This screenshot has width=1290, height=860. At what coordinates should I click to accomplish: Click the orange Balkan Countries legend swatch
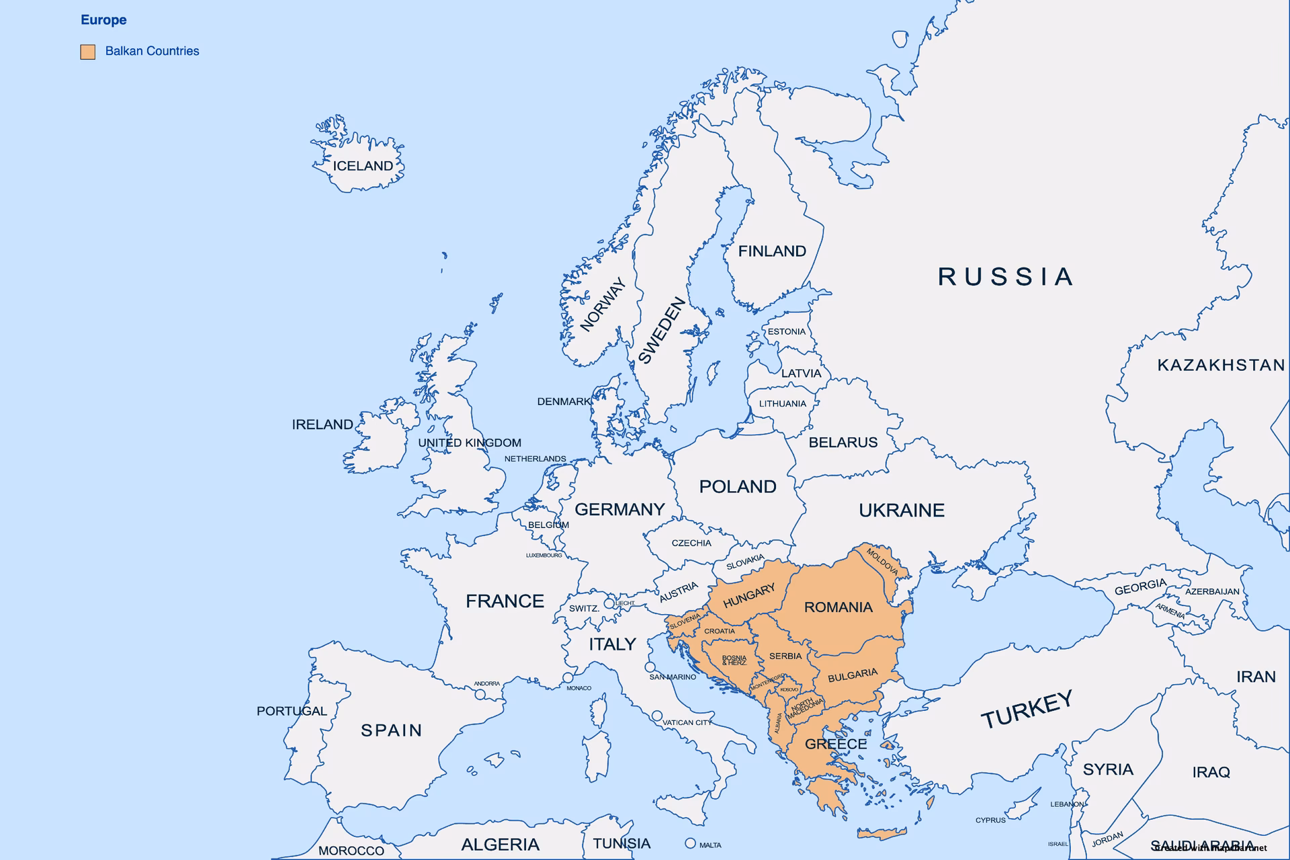(87, 52)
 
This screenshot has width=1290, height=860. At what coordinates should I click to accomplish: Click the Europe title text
(103, 20)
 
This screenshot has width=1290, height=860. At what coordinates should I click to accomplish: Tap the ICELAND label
(363, 166)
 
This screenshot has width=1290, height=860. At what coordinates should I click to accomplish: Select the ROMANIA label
(838, 607)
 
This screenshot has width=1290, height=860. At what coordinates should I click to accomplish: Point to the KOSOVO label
(789, 689)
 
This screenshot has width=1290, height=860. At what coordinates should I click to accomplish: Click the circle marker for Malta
(690, 843)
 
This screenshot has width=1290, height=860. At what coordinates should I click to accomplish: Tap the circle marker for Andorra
(480, 694)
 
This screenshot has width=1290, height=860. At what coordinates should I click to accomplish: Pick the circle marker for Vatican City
(657, 716)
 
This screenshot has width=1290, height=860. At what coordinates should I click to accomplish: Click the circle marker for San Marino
(650, 667)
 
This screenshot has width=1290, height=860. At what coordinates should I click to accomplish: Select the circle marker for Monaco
(568, 678)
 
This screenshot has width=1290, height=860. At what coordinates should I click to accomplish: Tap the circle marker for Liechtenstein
(609, 603)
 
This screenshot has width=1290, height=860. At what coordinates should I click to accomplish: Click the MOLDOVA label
(882, 562)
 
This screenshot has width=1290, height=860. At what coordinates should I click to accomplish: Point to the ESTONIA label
(786, 332)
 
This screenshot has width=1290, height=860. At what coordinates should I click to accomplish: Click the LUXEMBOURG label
(544, 556)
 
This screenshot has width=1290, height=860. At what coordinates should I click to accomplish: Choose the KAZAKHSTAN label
(1220, 365)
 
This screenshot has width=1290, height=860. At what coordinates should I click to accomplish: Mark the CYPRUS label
(990, 820)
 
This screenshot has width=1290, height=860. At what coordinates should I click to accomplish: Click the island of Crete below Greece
(881, 834)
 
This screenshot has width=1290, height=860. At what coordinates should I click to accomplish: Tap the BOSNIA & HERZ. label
(734, 660)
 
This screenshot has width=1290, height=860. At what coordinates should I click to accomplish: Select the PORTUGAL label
(292, 711)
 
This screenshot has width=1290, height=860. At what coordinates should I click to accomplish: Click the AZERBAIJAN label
(1211, 592)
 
